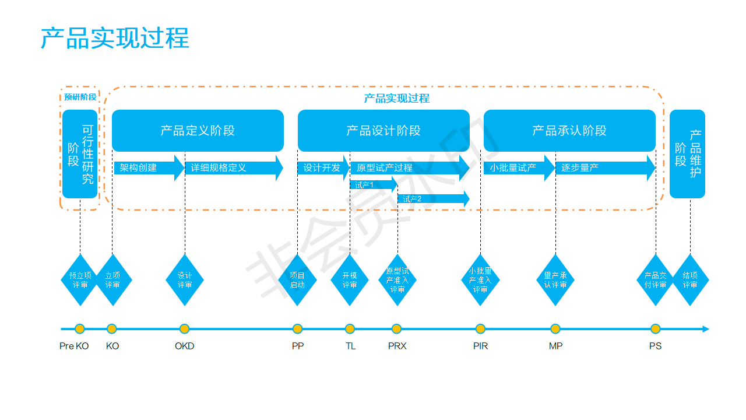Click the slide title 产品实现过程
click(115, 38)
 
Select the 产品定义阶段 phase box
click(198, 131)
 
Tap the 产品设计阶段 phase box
click(383, 131)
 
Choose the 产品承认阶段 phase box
click(569, 131)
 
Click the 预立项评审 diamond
click(80, 280)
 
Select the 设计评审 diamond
click(185, 280)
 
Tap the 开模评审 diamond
click(350, 280)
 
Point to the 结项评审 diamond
click(690, 280)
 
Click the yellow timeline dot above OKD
click(185, 329)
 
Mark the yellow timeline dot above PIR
click(480, 329)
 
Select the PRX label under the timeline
click(397, 346)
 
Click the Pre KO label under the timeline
click(74, 346)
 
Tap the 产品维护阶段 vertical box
click(687, 154)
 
